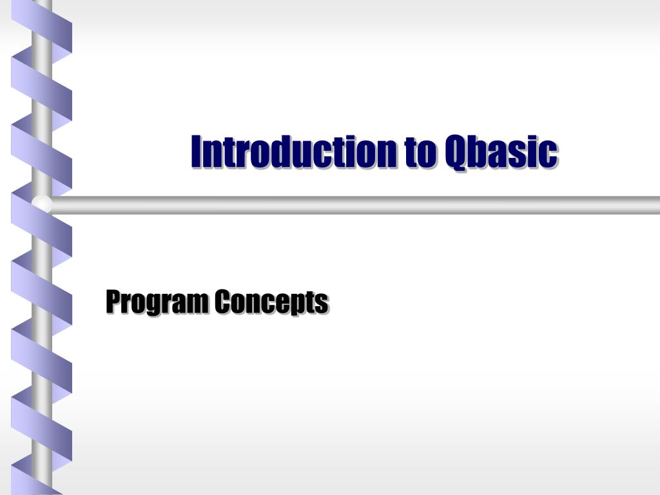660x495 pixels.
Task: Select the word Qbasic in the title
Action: tap(501, 152)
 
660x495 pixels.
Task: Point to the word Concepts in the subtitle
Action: tap(271, 302)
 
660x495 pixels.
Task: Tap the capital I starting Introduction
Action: tap(197, 151)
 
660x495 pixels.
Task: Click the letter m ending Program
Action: tap(199, 304)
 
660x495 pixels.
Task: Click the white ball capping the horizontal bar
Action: tap(43, 205)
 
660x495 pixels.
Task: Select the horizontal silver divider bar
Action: tap(354, 205)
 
